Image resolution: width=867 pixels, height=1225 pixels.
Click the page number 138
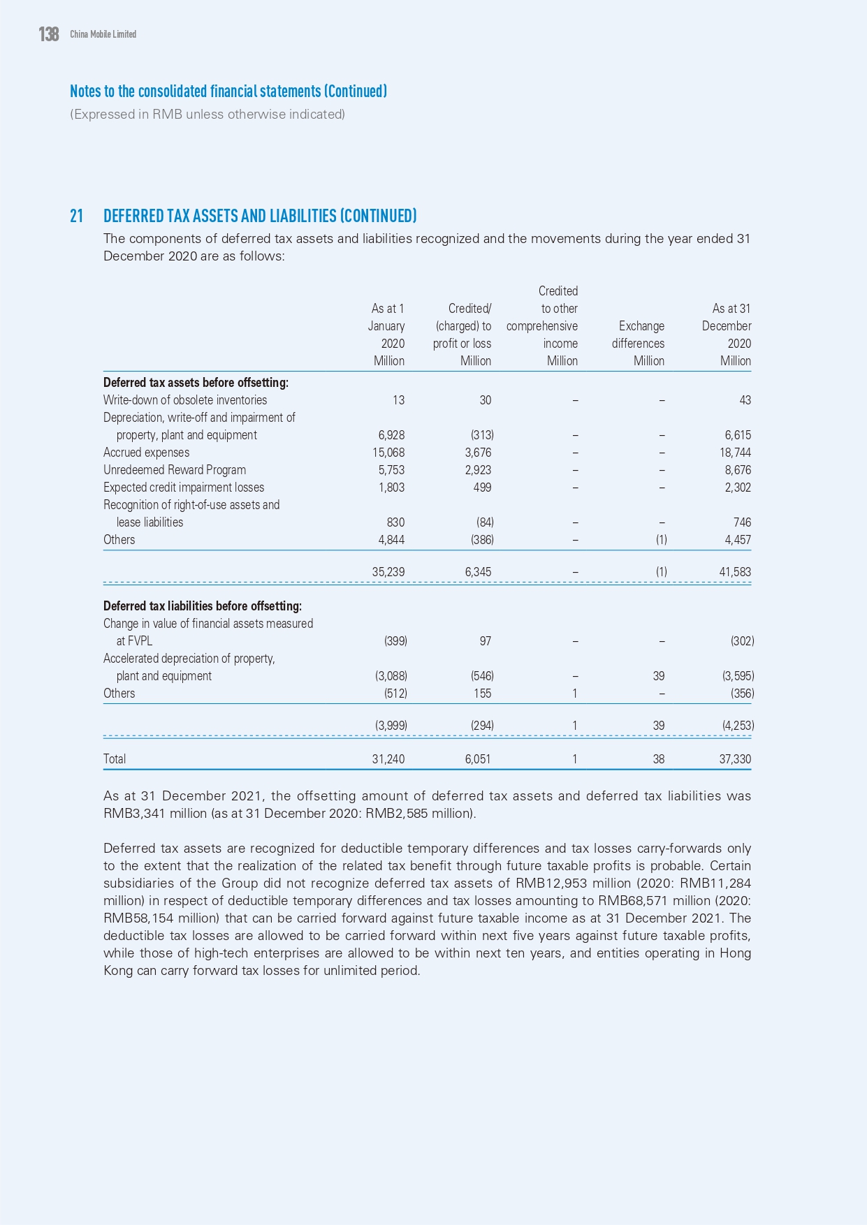pyautogui.click(x=49, y=34)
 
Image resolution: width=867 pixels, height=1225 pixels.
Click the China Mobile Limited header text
pyautogui.click(x=103, y=34)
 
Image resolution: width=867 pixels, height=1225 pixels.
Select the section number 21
pyautogui.click(x=76, y=216)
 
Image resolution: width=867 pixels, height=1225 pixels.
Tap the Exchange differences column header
pyautogui.click(x=639, y=335)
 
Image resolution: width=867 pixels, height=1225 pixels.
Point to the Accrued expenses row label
pyautogui.click(x=146, y=453)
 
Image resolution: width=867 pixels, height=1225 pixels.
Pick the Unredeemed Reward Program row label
pyautogui.click(x=175, y=470)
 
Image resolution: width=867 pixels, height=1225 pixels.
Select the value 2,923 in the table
pyautogui.click(x=478, y=470)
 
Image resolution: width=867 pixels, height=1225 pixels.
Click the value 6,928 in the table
pyautogui.click(x=391, y=435)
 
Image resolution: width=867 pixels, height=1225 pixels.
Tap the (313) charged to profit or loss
pyautogui.click(x=482, y=435)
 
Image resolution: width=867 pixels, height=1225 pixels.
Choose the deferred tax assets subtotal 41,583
pyautogui.click(x=735, y=572)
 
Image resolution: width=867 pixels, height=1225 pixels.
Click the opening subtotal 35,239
pyautogui.click(x=388, y=572)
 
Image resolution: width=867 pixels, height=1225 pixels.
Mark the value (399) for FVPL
pyautogui.click(x=395, y=641)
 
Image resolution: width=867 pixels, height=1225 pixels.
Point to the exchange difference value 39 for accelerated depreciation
pyautogui.click(x=658, y=676)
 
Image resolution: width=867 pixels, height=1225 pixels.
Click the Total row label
pyautogui.click(x=115, y=759)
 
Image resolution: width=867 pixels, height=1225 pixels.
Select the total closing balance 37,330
pyautogui.click(x=735, y=759)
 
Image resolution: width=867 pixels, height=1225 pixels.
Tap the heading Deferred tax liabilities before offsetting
pyautogui.click(x=203, y=606)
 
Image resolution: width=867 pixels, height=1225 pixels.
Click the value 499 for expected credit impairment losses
pyautogui.click(x=482, y=487)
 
